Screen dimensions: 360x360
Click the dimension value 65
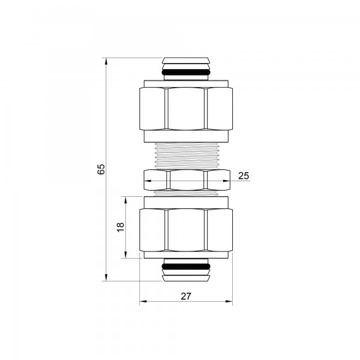[101, 169]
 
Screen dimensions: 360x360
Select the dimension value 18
[120, 227]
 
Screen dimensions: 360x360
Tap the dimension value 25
[243, 176]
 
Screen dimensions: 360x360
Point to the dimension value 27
[185, 296]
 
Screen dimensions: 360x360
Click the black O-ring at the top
[186, 73]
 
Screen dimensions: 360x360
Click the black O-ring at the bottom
[186, 265]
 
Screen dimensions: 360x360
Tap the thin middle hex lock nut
[186, 178]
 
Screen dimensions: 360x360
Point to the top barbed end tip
[186, 61]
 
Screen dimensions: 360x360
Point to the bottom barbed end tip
[186, 277]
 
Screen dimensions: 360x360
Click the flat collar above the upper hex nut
[186, 83]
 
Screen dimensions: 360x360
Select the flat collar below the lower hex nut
[186, 255]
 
